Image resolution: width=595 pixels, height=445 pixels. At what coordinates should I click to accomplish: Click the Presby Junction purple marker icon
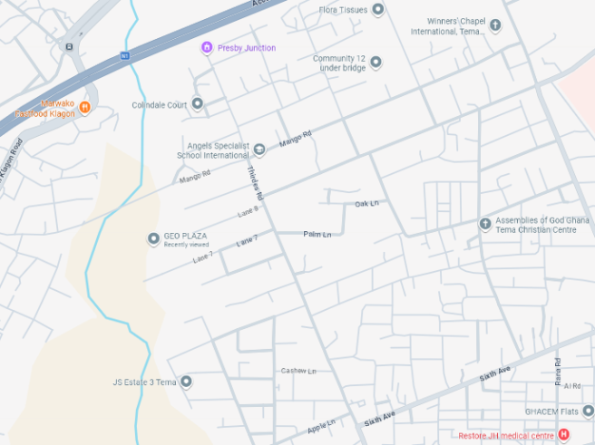(207, 47)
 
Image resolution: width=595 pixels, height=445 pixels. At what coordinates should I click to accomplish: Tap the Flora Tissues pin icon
(378, 9)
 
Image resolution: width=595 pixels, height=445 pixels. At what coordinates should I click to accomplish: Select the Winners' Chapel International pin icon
(495, 25)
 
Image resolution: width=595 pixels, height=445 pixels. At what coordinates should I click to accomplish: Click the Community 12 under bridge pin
(376, 63)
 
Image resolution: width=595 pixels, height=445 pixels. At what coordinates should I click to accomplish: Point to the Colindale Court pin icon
(197, 104)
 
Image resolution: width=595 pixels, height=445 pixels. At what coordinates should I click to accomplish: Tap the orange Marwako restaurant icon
(85, 108)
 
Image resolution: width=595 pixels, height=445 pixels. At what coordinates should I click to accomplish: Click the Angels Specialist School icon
(259, 150)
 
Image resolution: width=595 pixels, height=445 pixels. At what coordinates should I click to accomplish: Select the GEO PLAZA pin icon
(153, 239)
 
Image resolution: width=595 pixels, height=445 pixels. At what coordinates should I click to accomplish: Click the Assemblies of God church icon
(485, 224)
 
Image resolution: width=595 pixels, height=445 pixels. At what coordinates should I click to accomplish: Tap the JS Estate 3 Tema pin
(186, 382)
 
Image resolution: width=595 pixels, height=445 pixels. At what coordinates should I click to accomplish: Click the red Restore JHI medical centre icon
(563, 436)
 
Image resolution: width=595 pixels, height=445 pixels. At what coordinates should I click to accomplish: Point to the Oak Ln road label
(366, 203)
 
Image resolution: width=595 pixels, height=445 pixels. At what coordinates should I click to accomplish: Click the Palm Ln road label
(317, 234)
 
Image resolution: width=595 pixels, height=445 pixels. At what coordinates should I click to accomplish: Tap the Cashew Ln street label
(298, 371)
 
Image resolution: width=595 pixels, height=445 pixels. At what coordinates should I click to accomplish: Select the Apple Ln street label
(321, 424)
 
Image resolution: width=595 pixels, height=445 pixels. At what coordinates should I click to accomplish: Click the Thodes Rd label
(255, 183)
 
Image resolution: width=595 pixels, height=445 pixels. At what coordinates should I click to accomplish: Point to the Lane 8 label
(249, 211)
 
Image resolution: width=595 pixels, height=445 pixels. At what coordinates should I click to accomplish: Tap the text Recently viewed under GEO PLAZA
(186, 245)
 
